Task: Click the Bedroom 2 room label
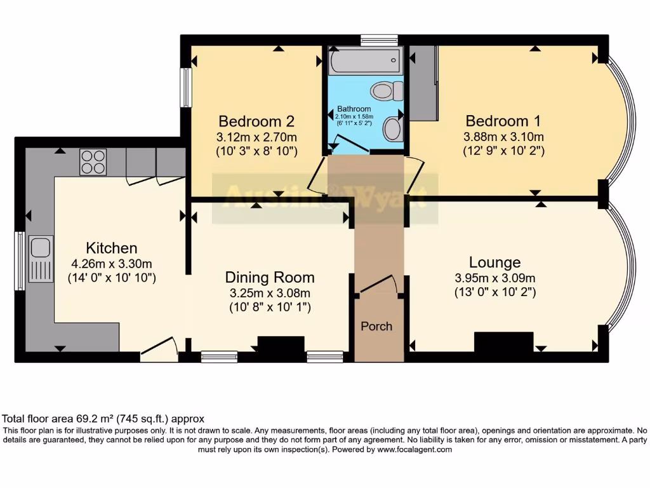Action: (x=256, y=121)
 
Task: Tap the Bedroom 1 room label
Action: (x=497, y=121)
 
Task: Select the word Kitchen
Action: (x=112, y=248)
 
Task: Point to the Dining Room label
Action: (x=270, y=277)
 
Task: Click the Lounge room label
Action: (x=494, y=262)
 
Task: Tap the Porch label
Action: (x=376, y=326)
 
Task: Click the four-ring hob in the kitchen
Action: (x=93, y=161)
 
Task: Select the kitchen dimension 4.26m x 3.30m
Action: (x=112, y=264)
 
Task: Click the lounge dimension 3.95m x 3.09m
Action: (x=494, y=278)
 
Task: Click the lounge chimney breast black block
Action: (x=503, y=342)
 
